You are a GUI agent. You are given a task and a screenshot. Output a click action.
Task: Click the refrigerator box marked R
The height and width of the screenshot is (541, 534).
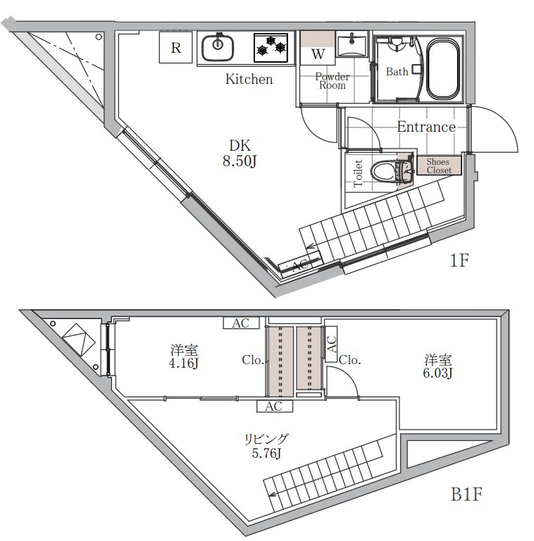pyautogui.click(x=175, y=47)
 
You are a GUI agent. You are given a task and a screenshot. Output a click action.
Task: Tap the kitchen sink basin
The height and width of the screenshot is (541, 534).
pyautogui.click(x=217, y=48)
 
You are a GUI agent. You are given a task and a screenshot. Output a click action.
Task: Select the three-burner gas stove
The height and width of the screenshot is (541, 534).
pyautogui.click(x=271, y=48)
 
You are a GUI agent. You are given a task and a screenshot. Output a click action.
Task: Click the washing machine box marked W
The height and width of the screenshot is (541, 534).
pyautogui.click(x=317, y=48)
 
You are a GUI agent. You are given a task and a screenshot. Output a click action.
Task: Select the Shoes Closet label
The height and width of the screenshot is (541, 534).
pyautogui.click(x=439, y=166)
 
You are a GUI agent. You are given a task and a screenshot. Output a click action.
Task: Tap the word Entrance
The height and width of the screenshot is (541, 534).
pyautogui.click(x=426, y=127)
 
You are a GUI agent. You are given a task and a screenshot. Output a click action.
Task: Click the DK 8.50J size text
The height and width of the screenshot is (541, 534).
pyautogui.click(x=240, y=153)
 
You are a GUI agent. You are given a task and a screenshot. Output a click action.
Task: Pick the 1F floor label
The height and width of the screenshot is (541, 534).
pyautogui.click(x=459, y=261)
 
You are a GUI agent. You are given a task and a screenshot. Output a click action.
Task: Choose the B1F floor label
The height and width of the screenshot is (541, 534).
pyautogui.click(x=466, y=494)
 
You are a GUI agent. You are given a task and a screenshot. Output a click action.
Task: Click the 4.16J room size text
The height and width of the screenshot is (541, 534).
pyautogui.click(x=184, y=363)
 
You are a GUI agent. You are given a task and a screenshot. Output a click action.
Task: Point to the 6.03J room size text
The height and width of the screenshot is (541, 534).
pyautogui.click(x=437, y=373)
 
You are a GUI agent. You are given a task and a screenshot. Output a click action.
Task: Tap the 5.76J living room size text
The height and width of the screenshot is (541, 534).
pyautogui.click(x=266, y=453)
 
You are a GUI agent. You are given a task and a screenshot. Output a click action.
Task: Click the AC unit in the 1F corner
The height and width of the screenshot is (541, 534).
pyautogui.click(x=299, y=265)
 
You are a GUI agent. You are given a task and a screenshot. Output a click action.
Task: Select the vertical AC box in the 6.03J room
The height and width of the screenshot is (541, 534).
pyautogui.click(x=331, y=344)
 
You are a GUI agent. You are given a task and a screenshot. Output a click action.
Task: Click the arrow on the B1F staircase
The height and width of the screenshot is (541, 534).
pyautogui.click(x=273, y=495)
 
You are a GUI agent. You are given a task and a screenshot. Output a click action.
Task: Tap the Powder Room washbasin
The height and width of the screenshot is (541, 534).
pyautogui.click(x=352, y=44)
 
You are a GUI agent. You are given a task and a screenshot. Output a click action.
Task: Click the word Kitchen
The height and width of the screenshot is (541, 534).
pyautogui.click(x=249, y=79)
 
